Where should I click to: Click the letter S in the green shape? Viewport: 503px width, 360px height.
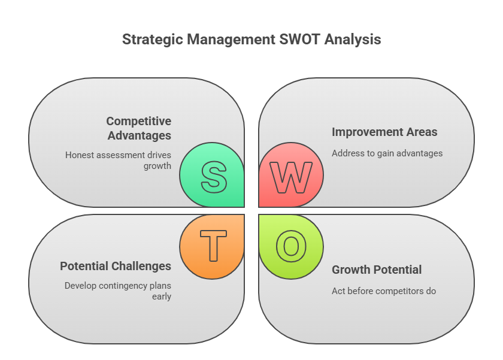pos(214,176)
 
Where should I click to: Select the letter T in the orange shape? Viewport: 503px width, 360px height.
pos(213,246)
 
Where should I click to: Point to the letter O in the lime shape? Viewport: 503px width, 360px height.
pos(290,246)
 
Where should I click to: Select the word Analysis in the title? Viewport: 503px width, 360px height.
pos(353,40)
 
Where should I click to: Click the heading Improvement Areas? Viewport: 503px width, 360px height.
pos(384,132)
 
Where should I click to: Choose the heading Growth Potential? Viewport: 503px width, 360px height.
pos(377,270)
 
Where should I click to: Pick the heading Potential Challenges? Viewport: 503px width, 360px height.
pos(116,266)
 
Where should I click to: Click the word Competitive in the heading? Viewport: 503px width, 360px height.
pos(139,122)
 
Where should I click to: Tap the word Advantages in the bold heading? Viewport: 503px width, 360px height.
pos(140,135)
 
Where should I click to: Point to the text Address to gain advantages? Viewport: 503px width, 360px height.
pos(387,153)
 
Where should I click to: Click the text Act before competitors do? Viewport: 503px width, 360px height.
pos(384,291)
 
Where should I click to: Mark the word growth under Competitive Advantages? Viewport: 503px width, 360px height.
pos(157,165)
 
